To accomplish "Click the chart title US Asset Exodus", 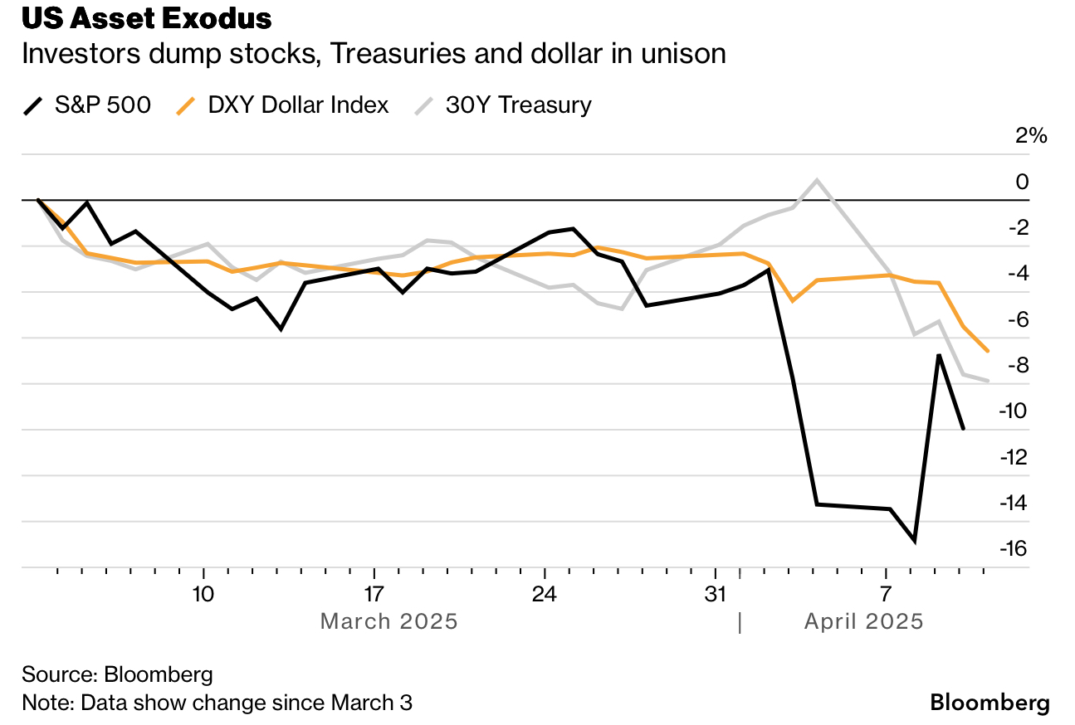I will point(147,18).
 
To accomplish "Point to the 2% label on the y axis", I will point(1032,136).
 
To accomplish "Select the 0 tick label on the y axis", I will point(1023,182).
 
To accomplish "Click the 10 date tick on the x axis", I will point(203,594).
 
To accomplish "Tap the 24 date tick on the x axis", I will point(545,594).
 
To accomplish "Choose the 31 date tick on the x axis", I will point(716,594).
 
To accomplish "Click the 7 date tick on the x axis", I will point(886,594).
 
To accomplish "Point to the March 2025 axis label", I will point(388,621).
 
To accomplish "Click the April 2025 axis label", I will point(863,621).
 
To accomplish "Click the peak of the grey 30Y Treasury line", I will point(818,179).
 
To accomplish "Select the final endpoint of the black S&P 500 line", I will point(963,429).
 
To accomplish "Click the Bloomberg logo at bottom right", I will point(989,703).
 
